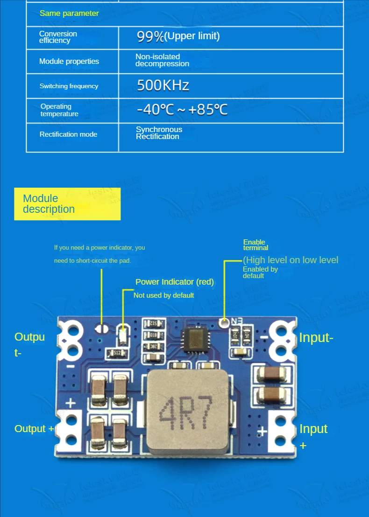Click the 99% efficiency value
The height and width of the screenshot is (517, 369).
[178, 36]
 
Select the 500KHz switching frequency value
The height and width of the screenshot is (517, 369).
[163, 85]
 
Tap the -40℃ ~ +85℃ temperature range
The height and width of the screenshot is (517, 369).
[182, 110]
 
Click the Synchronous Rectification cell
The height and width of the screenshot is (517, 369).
[159, 133]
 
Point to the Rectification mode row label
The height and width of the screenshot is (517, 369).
[68, 134]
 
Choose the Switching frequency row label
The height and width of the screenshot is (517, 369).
[69, 86]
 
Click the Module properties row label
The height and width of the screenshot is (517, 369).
[69, 61]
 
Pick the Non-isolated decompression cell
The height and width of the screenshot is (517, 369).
[162, 60]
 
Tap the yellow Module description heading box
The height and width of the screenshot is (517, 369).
[67, 204]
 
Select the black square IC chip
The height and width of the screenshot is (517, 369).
[194, 340]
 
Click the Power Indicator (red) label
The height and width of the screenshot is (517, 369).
[174, 282]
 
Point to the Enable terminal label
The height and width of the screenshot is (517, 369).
[255, 245]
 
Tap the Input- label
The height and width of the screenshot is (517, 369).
[316, 337]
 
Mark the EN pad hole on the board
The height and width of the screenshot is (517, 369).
[224, 321]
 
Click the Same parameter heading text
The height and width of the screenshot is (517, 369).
[69, 13]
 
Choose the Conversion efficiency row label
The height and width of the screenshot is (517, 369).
[58, 37]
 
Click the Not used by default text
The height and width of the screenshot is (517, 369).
[163, 295]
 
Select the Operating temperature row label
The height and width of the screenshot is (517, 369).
[59, 110]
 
